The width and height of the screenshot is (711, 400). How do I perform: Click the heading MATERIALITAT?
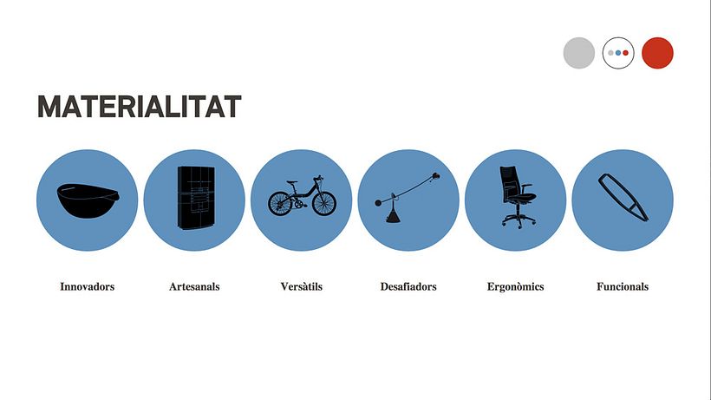tap(140, 107)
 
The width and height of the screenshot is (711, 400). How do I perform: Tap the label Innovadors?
tap(87, 286)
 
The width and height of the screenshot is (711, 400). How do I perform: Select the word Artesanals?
tap(194, 286)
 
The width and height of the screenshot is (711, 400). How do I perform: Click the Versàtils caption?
tap(302, 286)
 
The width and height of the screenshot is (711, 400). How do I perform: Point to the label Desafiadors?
tap(408, 286)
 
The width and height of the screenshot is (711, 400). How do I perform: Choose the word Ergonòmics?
tap(516, 286)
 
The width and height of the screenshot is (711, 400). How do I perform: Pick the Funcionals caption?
tap(623, 286)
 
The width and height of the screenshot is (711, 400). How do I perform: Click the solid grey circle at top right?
tap(579, 53)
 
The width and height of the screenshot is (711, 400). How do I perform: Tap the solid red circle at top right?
tap(657, 53)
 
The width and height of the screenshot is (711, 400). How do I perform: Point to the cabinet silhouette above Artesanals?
tap(196, 198)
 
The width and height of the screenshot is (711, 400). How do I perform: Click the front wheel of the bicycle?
tap(324, 203)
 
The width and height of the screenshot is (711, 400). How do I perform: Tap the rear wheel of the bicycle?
tap(280, 204)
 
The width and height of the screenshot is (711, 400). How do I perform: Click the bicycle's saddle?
tap(292, 182)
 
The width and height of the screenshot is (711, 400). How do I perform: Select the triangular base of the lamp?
tap(393, 216)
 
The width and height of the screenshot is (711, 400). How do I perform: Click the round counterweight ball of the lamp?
tap(378, 203)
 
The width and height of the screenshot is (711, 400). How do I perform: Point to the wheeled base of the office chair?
tap(519, 221)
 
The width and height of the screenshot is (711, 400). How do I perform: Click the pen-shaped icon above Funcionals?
tap(623, 197)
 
